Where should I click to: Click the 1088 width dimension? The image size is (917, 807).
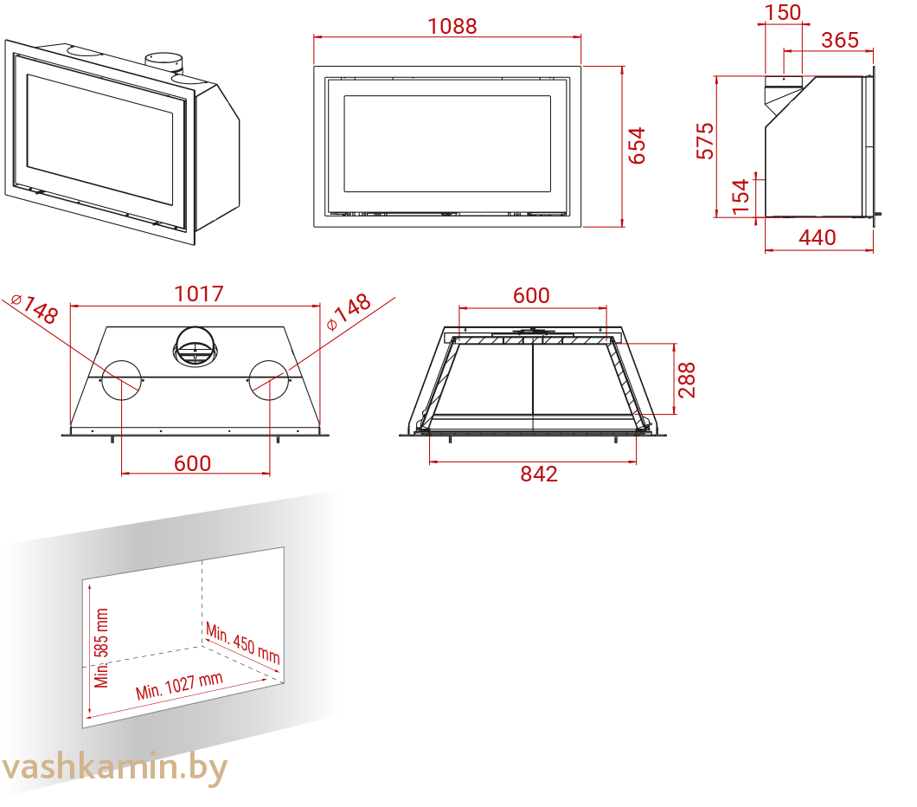tap(452, 26)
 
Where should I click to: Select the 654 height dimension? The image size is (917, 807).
tap(637, 145)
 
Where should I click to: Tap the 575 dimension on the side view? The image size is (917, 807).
tap(705, 141)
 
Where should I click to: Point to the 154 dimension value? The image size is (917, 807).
tap(741, 196)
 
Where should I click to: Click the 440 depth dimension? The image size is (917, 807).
tap(817, 237)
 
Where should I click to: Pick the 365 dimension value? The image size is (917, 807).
tap(840, 40)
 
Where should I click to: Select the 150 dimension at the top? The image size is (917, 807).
tap(783, 12)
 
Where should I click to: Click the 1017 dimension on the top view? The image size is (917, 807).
tap(199, 294)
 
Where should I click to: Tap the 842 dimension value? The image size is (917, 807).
tap(539, 474)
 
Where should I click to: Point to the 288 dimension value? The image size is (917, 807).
tap(687, 380)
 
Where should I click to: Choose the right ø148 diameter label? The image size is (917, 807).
tap(349, 312)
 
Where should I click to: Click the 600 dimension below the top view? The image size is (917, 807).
tap(192, 463)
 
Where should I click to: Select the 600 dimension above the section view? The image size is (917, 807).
tap(531, 295)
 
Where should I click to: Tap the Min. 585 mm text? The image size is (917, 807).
tap(101, 648)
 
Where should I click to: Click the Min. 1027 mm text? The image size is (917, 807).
tap(180, 686)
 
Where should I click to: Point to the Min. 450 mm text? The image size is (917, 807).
tap(243, 643)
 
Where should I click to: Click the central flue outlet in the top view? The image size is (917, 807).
tap(196, 347)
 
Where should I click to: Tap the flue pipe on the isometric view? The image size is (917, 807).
tap(164, 63)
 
